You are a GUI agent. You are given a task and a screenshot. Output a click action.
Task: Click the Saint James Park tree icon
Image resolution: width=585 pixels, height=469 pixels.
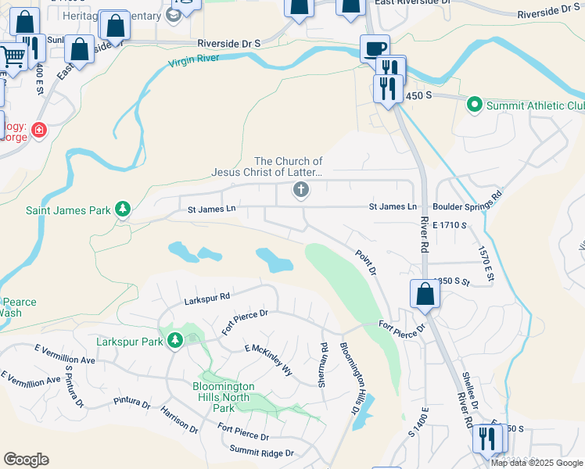pos(122,209)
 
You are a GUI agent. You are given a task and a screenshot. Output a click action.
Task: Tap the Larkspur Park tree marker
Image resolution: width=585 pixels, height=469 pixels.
pos(175,341)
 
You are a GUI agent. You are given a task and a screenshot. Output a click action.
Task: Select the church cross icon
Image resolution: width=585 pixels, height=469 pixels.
pos(300,190)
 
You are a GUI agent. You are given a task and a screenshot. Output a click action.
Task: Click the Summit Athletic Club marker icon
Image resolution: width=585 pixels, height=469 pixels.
pos(474,104)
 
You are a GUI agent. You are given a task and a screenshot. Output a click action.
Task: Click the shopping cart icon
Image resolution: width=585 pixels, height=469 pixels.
pos(12,57)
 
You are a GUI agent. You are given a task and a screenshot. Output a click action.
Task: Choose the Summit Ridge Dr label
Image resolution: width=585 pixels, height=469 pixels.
pos(261,452)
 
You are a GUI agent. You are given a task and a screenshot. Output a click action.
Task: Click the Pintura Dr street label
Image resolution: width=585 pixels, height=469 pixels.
pos(131,404)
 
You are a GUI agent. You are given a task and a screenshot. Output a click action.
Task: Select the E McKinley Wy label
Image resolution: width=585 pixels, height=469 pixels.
pos(268,360)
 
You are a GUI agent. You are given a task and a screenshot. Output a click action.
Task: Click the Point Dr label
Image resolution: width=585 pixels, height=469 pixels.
pos(366,262)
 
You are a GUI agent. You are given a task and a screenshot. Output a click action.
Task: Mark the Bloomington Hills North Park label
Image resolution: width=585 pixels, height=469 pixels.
pos(224,397)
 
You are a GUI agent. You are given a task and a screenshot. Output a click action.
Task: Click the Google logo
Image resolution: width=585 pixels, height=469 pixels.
pos(26,460)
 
